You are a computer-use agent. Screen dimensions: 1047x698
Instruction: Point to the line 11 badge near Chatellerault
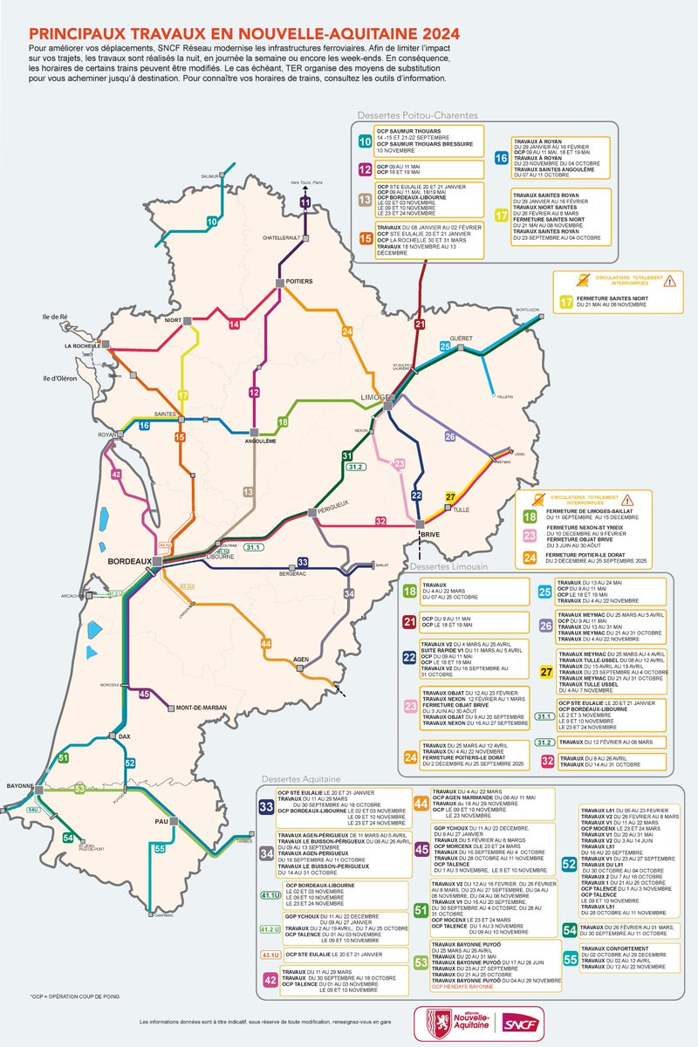point(305,203)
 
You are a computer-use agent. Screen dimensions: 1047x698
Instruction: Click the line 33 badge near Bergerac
point(303,563)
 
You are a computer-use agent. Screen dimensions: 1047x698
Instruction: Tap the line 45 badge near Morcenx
point(146,695)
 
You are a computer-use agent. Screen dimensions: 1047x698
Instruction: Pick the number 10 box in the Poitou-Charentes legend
point(365,140)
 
